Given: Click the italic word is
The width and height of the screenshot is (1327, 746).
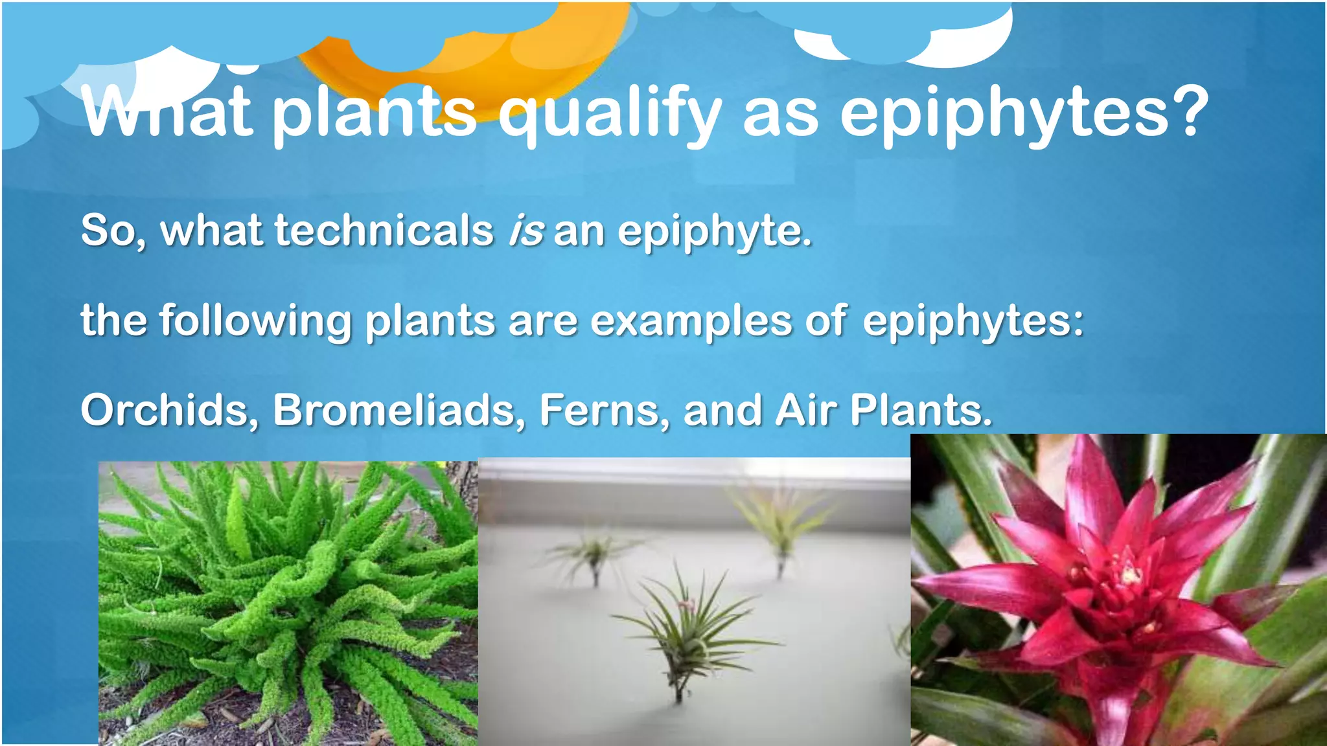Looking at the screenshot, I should [525, 231].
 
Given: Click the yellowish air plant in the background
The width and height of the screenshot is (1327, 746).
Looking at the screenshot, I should [781, 525].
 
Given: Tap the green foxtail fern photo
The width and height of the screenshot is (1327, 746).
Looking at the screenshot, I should [288, 602].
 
